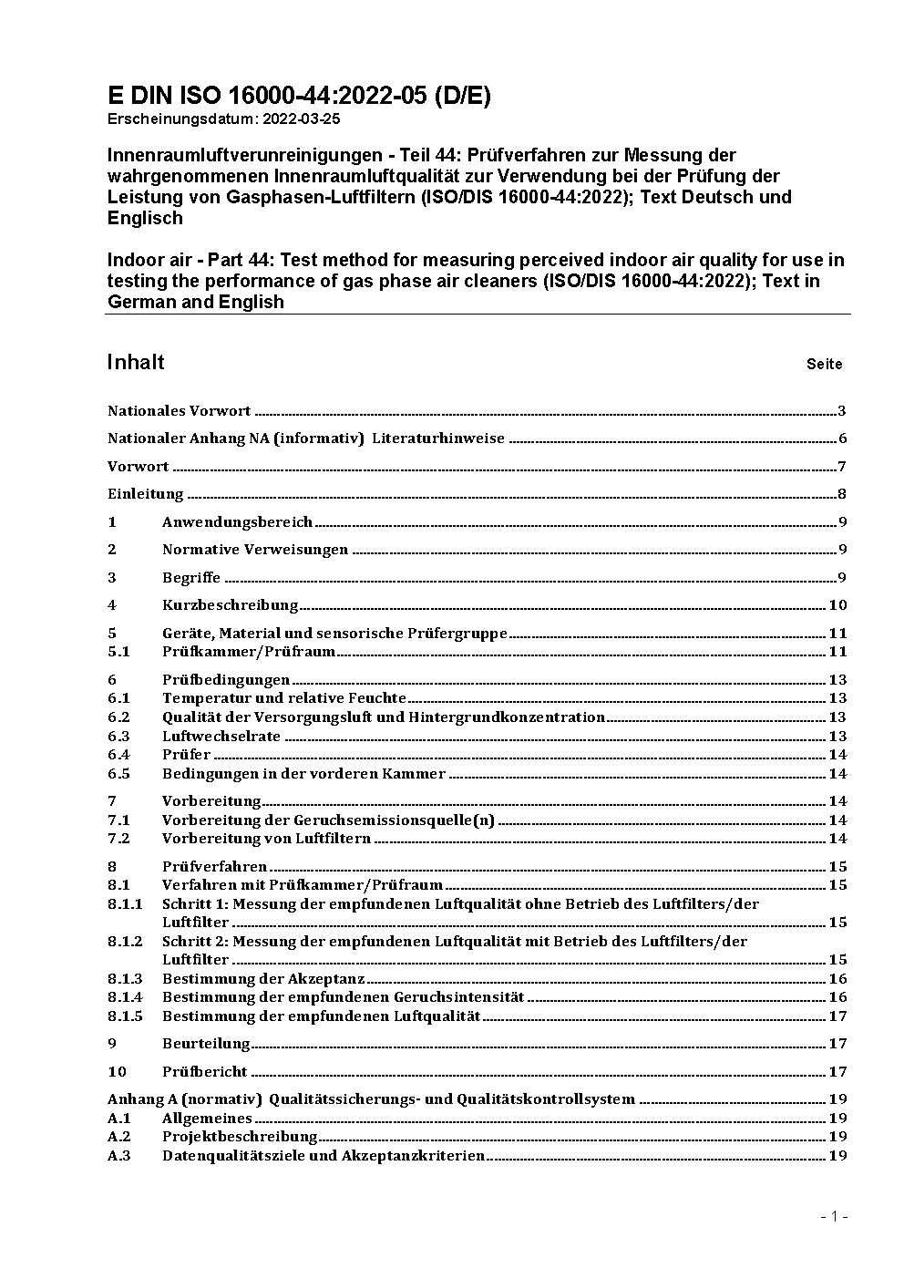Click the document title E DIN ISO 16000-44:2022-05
pos(299,97)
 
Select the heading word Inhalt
pos(136,363)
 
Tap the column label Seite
pos(824,365)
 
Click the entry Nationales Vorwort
pos(179,411)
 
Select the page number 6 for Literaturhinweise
pos(843,438)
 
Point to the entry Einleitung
pos(146,494)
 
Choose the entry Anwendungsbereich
pos(237,522)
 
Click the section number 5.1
pos(118,652)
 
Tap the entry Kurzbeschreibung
pos(230,605)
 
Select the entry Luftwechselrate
pos(221,737)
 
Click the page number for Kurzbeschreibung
pos(837,605)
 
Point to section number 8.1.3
pos(125,979)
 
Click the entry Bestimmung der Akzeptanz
pos(263,979)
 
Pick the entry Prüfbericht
pos(204,1072)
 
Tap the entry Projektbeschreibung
pos(240,1137)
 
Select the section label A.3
pos(119,1156)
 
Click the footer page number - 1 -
pos(834,1217)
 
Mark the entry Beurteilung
pos(206,1044)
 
